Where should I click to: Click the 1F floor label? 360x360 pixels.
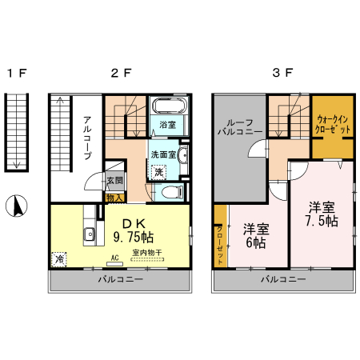[17, 74]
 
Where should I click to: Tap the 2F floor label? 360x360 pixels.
[121, 74]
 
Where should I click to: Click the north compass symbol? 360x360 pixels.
[14, 206]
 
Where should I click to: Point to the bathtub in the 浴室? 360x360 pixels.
[168, 107]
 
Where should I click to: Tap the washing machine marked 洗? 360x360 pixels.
[158, 172]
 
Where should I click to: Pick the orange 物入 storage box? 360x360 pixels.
[114, 197]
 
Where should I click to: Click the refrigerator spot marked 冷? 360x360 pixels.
[59, 259]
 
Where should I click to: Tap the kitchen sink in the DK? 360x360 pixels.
[90, 234]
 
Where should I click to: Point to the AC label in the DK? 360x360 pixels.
[115, 258]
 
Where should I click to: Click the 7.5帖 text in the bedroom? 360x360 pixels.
[322, 220]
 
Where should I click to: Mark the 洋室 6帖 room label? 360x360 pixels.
[256, 236]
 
